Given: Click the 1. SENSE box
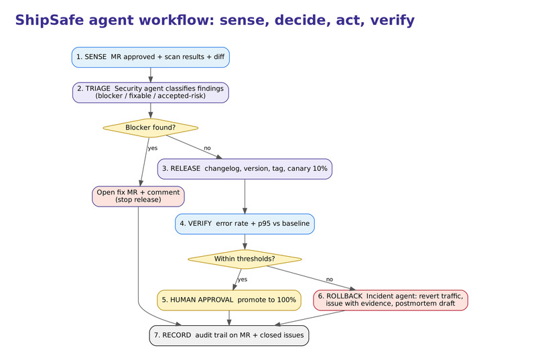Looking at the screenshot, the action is pyautogui.click(x=151, y=57).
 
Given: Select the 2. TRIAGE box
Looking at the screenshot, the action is pyautogui.click(x=151, y=93).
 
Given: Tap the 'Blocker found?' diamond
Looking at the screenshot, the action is pyautogui.click(x=151, y=128).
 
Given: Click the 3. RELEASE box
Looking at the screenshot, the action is pyautogui.click(x=245, y=169).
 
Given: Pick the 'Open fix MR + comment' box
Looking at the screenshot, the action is pyautogui.click(x=138, y=196).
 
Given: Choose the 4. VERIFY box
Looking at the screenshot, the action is pyautogui.click(x=245, y=224).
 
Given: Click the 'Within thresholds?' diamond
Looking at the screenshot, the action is pyautogui.click(x=245, y=259).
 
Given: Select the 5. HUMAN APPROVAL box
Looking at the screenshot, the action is pyautogui.click(x=229, y=300).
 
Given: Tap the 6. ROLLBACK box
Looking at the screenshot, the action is pyautogui.click(x=391, y=300).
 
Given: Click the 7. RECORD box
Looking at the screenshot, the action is pyautogui.click(x=229, y=336).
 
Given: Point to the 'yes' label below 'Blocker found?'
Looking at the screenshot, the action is pyautogui.click(x=153, y=148).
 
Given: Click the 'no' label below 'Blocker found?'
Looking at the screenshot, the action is pyautogui.click(x=207, y=148).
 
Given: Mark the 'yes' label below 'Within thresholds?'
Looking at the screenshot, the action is pyautogui.click(x=243, y=280).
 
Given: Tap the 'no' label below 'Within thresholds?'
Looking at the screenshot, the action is pyautogui.click(x=330, y=280).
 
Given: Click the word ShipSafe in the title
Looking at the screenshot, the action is pyautogui.click(x=50, y=20).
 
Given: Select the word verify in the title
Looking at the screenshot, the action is pyautogui.click(x=392, y=20).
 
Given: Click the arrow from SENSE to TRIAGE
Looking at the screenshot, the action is pyautogui.click(x=151, y=75).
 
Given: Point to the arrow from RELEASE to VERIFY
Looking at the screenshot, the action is pyautogui.click(x=245, y=196).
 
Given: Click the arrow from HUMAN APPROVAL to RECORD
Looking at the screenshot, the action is pyautogui.click(x=229, y=318).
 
